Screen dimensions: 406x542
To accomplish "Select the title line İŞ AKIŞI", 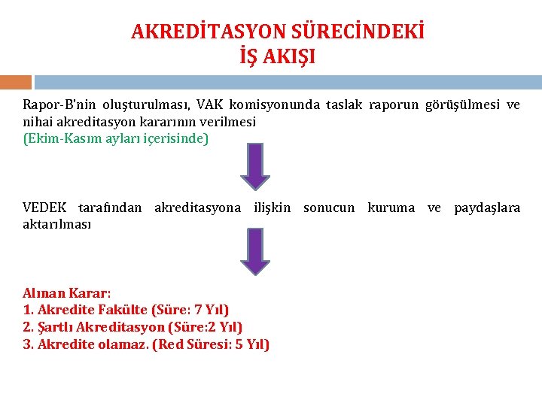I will (277, 56).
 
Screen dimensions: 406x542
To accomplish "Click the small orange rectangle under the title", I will (16, 82).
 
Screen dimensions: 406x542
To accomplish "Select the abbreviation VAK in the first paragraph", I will (210, 105).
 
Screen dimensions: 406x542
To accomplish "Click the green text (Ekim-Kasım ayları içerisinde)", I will (116, 139).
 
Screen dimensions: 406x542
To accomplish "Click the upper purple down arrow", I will (255, 166).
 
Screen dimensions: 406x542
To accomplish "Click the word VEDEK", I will (44, 208).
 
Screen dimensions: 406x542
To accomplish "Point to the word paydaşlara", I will (486, 208).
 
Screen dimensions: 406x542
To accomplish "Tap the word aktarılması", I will (57, 224).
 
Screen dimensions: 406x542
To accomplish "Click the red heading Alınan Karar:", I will (67, 293).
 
